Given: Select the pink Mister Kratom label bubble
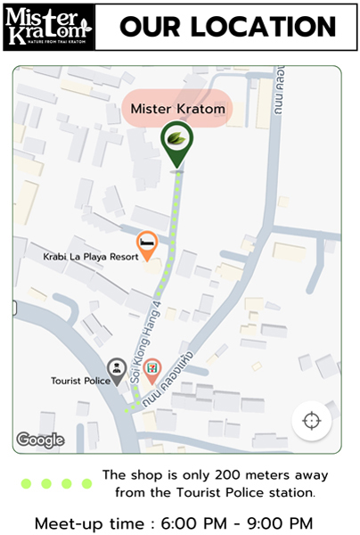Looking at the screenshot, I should tap(177, 108).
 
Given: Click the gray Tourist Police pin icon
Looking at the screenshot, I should tap(117, 368).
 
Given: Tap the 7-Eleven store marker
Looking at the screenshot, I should tap(153, 368).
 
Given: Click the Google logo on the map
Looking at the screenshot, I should tap(40, 439).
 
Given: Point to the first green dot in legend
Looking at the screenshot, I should tap(26, 483).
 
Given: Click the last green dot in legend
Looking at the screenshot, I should tap(87, 483).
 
